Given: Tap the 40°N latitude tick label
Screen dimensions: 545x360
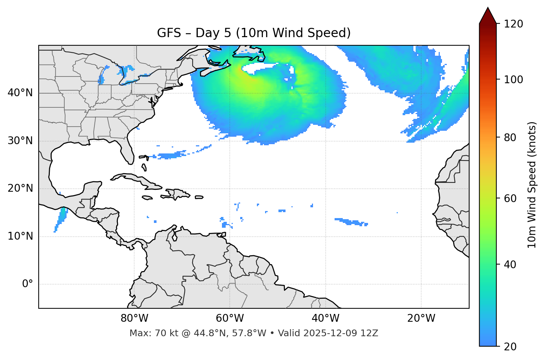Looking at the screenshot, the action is pyautogui.click(x=20, y=93).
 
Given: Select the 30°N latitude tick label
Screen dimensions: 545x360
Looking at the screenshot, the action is pyautogui.click(x=20, y=141).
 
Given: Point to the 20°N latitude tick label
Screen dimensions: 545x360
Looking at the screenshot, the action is pyautogui.click(x=20, y=188).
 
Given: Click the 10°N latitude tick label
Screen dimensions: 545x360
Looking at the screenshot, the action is pyautogui.click(x=20, y=236).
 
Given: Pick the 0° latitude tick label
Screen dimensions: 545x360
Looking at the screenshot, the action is pyautogui.click(x=28, y=284).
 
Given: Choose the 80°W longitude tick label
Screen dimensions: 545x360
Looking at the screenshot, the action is pyautogui.click(x=134, y=318).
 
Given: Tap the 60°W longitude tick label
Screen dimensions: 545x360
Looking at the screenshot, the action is pyautogui.click(x=230, y=318).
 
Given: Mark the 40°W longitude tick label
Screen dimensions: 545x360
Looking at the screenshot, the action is pyautogui.click(x=325, y=318).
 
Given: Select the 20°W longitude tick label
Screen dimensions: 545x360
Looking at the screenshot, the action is pyautogui.click(x=421, y=318).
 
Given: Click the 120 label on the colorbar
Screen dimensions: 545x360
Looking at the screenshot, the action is pyautogui.click(x=513, y=24).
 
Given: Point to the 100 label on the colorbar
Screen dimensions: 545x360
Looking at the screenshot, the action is pyautogui.click(x=513, y=80).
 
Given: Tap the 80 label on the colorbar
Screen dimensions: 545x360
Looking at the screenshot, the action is pyautogui.click(x=511, y=137).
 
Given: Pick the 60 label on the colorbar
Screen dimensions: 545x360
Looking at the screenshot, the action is pyautogui.click(x=511, y=198).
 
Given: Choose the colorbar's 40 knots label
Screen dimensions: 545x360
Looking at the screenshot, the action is pyautogui.click(x=511, y=265).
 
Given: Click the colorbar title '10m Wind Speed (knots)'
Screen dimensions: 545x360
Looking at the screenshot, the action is pyautogui.click(x=532, y=185).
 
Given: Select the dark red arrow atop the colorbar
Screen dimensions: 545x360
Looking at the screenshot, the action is pyautogui.click(x=488, y=16).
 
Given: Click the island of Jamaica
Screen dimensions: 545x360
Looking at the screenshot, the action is pyautogui.click(x=147, y=198).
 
